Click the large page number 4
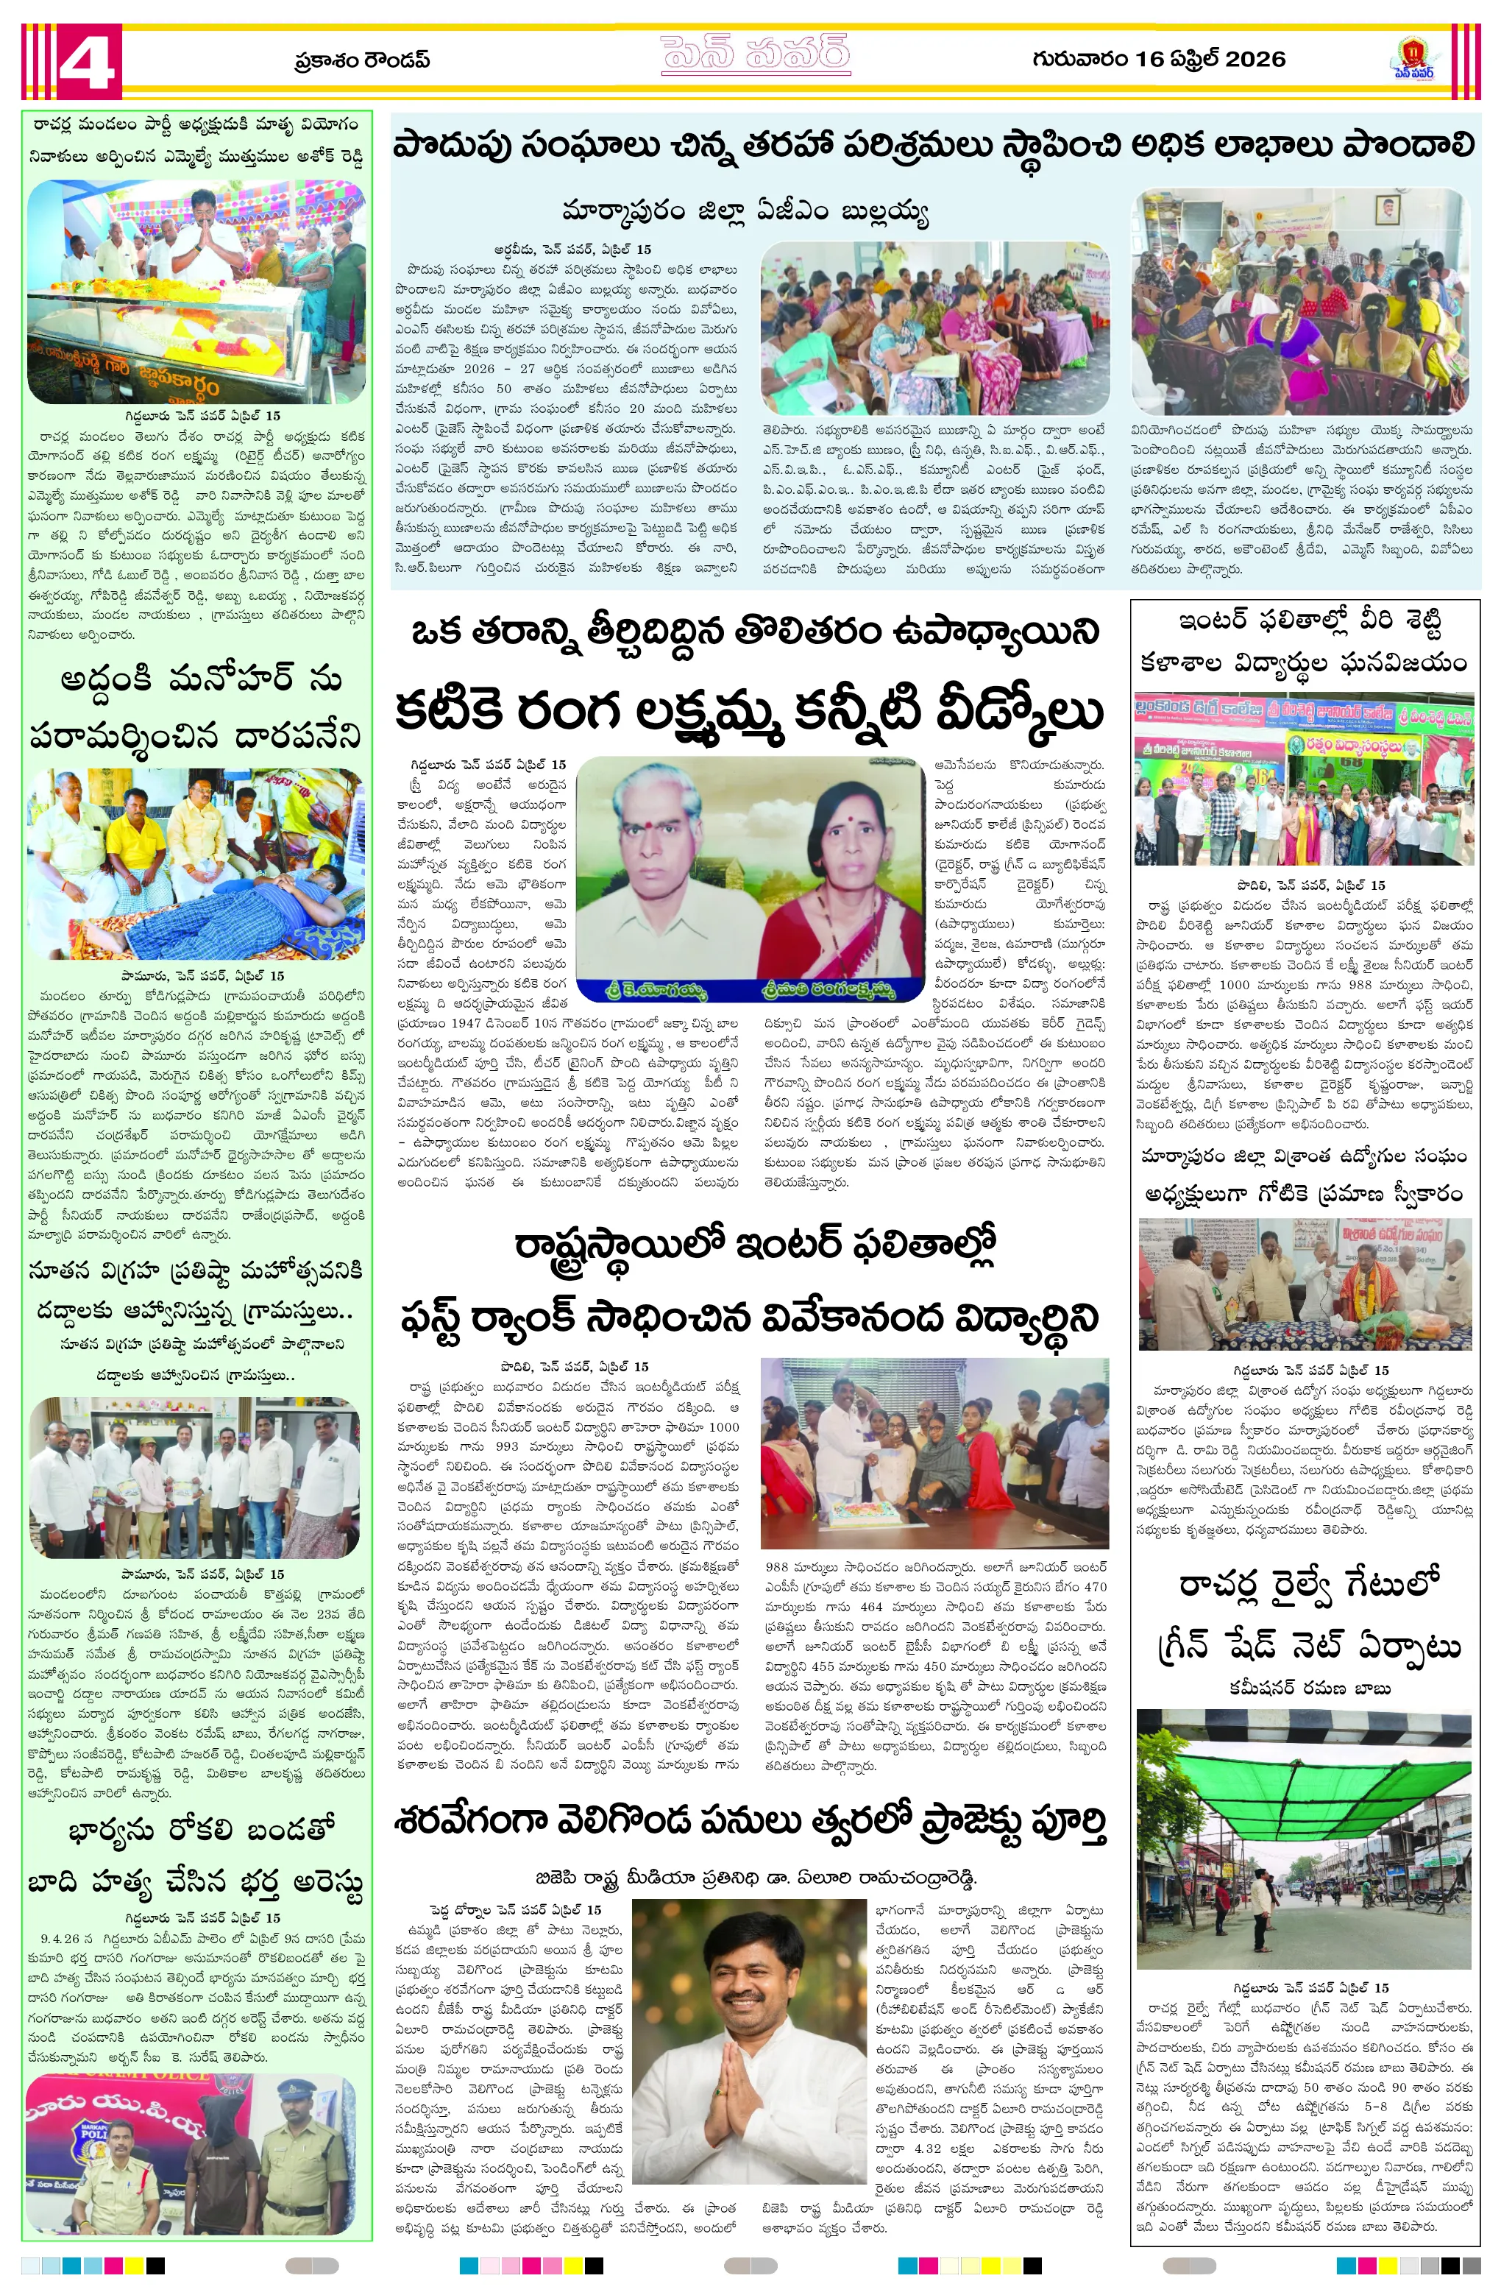(x=88, y=60)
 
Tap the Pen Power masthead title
(x=755, y=55)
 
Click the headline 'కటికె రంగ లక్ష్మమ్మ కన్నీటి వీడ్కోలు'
(x=748, y=712)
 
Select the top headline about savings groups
(x=933, y=146)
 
